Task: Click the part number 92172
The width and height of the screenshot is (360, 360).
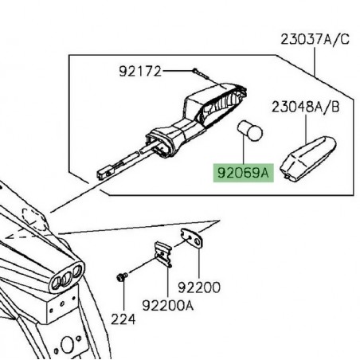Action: point(140,71)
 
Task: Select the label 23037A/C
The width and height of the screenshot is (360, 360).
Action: point(315,40)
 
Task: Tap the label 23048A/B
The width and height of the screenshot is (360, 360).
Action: point(305,108)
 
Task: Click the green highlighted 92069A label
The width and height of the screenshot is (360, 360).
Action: point(243,173)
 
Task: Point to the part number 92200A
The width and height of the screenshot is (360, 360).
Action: point(168,305)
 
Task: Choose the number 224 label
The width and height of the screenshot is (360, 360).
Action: point(123,319)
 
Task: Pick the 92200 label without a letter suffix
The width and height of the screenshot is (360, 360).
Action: point(199,288)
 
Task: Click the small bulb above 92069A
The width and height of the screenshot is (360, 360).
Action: point(249,131)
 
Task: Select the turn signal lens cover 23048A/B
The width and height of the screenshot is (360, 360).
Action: point(307,158)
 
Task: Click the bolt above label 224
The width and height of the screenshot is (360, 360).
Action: point(122,276)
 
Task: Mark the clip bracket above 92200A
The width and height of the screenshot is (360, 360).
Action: point(162,254)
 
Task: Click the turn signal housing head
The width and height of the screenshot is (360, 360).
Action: point(215,104)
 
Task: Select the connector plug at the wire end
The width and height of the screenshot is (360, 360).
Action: point(104,173)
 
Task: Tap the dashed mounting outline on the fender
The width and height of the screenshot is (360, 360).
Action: point(33,219)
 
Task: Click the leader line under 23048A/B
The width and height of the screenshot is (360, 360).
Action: point(306,129)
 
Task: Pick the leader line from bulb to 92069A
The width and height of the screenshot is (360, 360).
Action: point(243,151)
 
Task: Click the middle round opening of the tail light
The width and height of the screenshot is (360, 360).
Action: point(65,280)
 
